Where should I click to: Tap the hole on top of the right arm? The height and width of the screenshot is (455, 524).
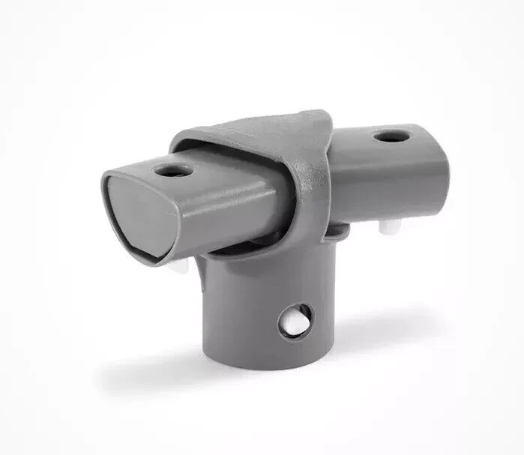pos(387,137)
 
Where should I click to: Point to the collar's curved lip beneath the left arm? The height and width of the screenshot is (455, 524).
pos(225,251)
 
